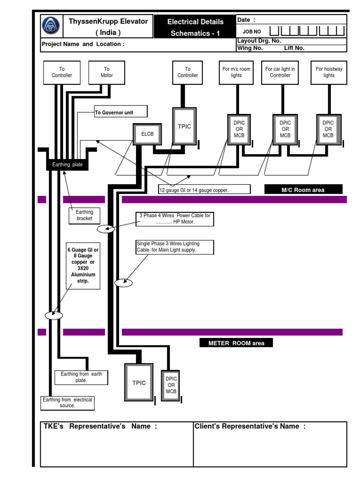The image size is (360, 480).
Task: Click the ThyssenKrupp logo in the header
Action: tap(51, 27)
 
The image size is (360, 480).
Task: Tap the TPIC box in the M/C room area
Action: tap(185, 126)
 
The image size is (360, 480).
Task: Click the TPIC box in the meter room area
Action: tap(139, 382)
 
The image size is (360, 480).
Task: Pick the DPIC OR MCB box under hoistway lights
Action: tap(328, 129)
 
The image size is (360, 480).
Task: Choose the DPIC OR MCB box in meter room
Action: tap(171, 385)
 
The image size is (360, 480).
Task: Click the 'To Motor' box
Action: tap(106, 72)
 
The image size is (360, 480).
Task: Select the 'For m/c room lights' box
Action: tap(236, 72)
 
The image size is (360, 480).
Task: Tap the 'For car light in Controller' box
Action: tap(280, 72)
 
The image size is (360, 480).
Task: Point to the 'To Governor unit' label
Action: tap(120, 112)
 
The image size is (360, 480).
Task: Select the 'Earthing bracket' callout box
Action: tap(84, 216)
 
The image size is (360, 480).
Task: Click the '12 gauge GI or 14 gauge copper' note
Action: tap(204, 189)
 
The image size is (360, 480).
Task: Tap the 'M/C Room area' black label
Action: tap(303, 189)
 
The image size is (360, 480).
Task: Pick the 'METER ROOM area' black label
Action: tap(236, 343)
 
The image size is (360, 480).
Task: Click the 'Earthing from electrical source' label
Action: tap(67, 403)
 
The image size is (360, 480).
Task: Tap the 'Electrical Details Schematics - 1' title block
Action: tap(195, 27)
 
